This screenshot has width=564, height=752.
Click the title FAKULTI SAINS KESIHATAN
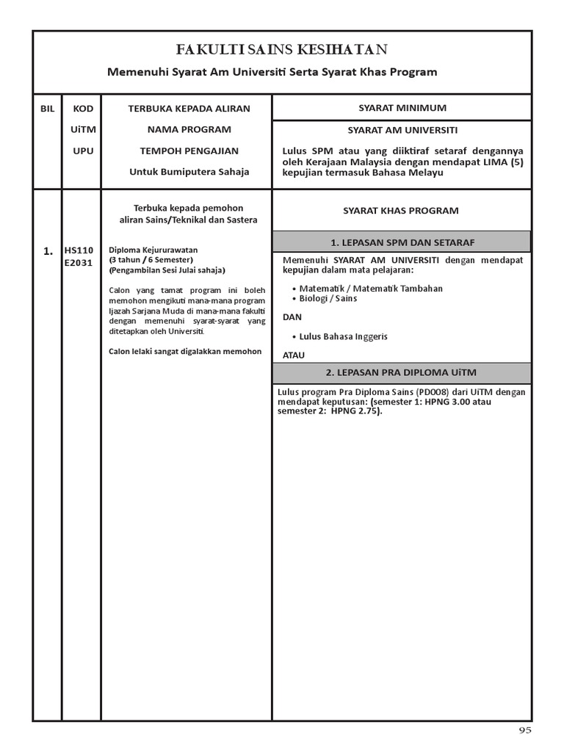click(x=282, y=50)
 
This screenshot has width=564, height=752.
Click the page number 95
click(x=524, y=730)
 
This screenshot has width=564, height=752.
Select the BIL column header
click(x=48, y=109)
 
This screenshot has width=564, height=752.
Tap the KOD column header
click(x=83, y=109)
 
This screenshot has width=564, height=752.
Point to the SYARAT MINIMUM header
click(x=402, y=108)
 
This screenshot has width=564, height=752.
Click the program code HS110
click(x=79, y=250)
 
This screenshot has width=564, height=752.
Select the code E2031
click(x=79, y=262)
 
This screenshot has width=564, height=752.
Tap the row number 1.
click(x=48, y=251)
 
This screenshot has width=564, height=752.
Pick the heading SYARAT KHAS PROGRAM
click(x=401, y=211)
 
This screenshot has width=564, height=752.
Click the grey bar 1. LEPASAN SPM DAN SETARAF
click(x=402, y=242)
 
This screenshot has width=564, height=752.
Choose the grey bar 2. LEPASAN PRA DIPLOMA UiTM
click(x=402, y=373)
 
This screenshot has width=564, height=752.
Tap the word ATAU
click(x=294, y=355)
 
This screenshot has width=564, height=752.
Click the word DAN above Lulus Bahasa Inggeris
click(x=292, y=317)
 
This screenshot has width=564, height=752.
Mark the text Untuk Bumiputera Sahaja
click(x=189, y=172)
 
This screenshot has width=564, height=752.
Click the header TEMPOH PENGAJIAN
click(x=189, y=151)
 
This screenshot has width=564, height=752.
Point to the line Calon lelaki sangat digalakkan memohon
click(x=185, y=351)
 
